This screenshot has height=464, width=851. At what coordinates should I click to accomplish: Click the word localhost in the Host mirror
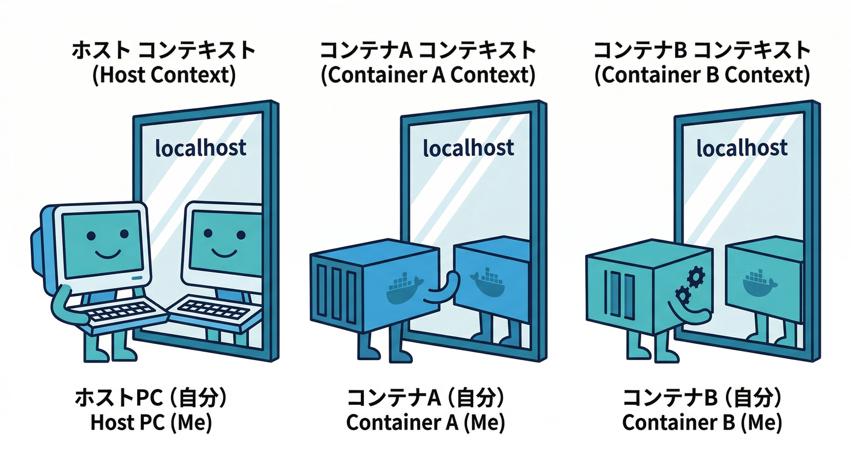(x=201, y=147)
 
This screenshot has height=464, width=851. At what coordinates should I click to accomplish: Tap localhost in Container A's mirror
(x=468, y=147)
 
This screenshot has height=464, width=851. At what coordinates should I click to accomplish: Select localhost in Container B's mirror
(x=742, y=147)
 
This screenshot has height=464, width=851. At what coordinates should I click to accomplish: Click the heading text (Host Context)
(x=163, y=76)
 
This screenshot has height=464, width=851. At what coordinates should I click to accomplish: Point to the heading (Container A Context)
(x=428, y=76)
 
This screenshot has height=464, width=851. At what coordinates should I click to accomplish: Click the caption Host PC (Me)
(x=151, y=422)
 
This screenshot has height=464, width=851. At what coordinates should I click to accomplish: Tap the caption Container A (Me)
(x=425, y=422)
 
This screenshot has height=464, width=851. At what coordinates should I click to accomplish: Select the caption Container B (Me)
(x=702, y=422)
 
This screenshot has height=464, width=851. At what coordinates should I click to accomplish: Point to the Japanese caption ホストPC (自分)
(x=151, y=398)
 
